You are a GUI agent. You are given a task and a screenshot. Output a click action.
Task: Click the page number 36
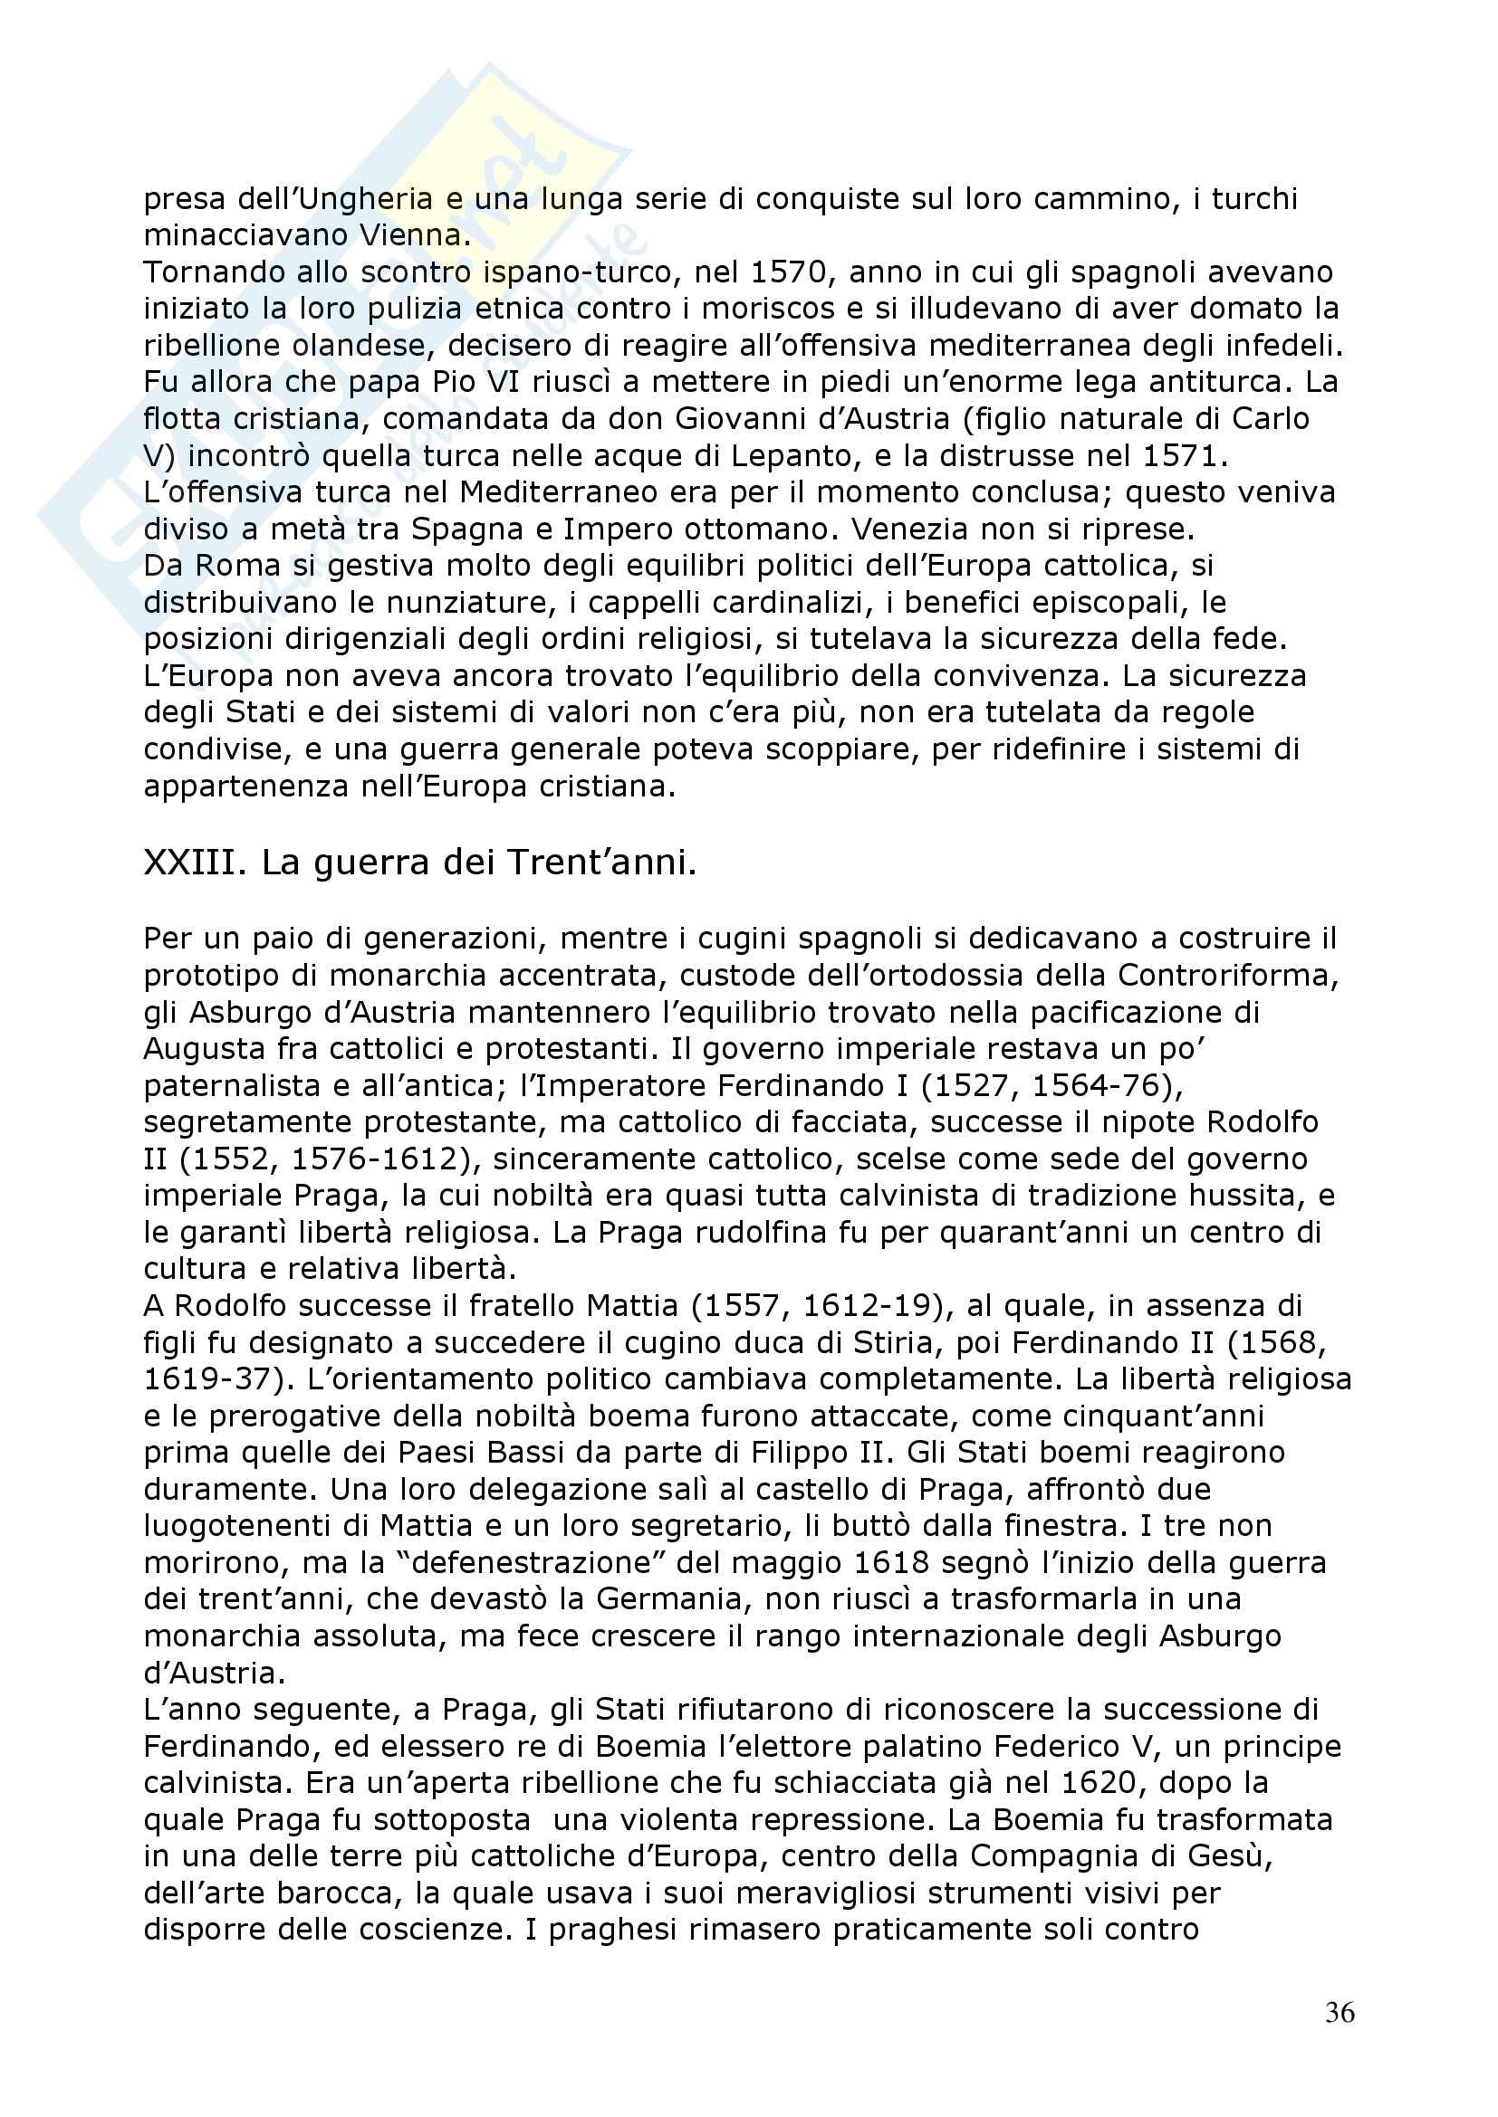tap(1340, 2012)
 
